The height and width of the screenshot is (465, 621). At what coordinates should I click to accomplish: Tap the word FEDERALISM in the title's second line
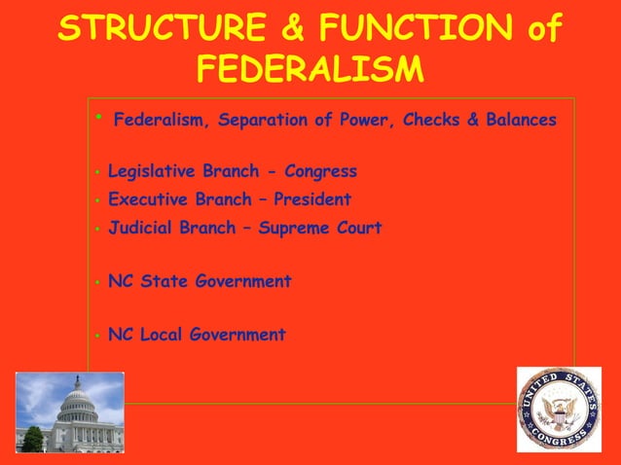tap(310, 69)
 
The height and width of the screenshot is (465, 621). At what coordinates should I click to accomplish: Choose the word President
tap(312, 200)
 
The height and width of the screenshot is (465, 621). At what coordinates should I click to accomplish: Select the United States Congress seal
tap(558, 409)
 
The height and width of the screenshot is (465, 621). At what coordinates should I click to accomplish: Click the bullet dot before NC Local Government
tap(97, 336)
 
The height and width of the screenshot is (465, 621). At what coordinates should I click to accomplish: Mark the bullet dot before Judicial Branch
tap(97, 230)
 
